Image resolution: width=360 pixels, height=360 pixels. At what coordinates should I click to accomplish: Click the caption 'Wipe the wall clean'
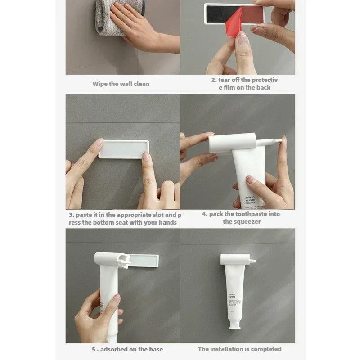(x=121, y=84)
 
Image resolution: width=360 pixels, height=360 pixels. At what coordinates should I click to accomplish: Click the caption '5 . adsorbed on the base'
(x=126, y=349)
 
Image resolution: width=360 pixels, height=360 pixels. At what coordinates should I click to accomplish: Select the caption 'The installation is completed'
(x=239, y=349)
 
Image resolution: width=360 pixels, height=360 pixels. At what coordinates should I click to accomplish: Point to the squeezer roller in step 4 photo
(x=232, y=143)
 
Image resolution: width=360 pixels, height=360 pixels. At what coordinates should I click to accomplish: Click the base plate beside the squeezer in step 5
(x=143, y=260)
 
